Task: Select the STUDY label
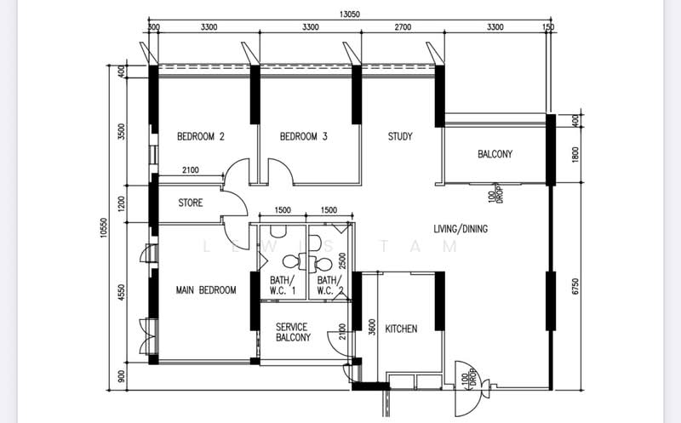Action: [x=400, y=136]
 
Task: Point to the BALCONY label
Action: [x=495, y=154]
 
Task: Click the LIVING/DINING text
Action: [x=461, y=229]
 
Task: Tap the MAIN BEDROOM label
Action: [x=206, y=290]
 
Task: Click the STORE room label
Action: [x=191, y=203]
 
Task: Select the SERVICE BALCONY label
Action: [x=292, y=332]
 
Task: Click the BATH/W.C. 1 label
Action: [x=282, y=285]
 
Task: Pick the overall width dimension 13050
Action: [x=348, y=14]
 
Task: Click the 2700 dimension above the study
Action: [x=402, y=27]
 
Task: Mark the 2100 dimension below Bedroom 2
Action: [x=190, y=171]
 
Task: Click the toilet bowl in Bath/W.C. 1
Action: [x=290, y=260]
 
